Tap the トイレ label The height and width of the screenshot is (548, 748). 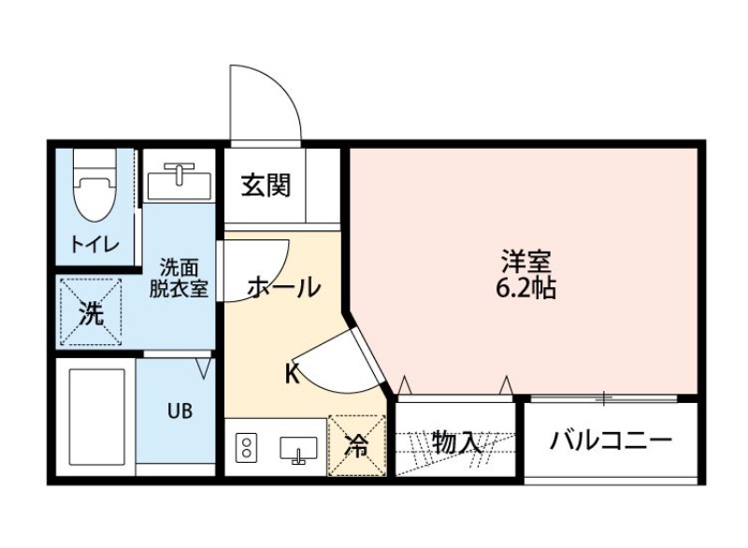[94, 245]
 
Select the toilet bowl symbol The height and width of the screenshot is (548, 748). [93, 193]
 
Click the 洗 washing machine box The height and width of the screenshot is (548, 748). [90, 311]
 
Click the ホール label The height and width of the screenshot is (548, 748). [284, 288]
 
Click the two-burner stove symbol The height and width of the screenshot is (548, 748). [247, 448]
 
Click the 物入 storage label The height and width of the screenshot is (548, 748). [457, 442]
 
